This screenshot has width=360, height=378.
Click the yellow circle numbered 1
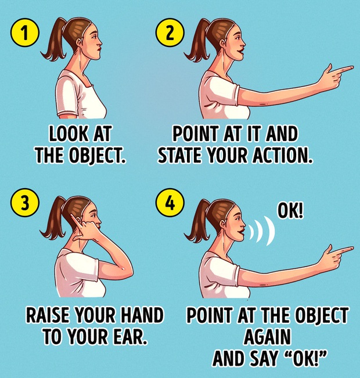(x=24, y=33)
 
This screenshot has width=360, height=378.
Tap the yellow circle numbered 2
(x=170, y=33)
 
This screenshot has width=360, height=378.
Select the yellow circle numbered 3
(x=24, y=203)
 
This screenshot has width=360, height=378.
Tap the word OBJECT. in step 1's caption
(x=98, y=154)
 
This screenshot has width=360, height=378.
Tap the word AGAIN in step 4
(x=267, y=337)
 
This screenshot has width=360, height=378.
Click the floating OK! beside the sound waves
(x=290, y=210)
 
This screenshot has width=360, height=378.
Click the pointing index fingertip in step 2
(x=351, y=68)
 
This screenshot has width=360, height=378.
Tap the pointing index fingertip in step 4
(x=351, y=249)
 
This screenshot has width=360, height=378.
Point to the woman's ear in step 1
(x=80, y=43)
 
